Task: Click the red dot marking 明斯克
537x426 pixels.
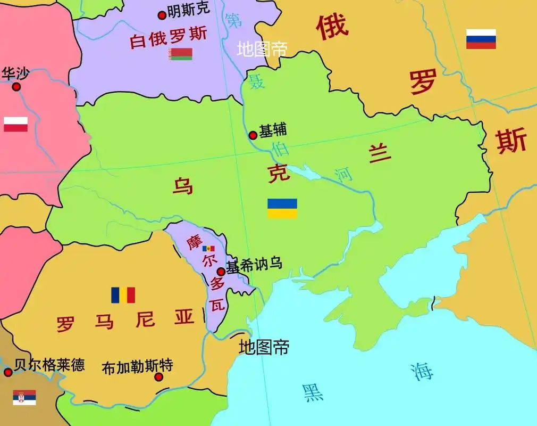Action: pos(162,15)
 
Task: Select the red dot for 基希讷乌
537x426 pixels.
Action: pos(221,272)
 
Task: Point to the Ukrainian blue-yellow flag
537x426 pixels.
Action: pos(282,208)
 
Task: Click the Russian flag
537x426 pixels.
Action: pos(481,39)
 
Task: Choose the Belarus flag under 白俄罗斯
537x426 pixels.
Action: pos(181,54)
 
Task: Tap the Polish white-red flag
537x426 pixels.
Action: pos(15,124)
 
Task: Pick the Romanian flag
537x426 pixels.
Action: pos(123,295)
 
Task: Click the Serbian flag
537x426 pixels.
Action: pos(24,397)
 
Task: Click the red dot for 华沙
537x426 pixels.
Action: pos(16,87)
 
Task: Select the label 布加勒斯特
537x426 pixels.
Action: pos(137,366)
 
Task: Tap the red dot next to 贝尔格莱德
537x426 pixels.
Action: pos(8,372)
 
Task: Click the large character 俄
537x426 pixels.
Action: pos(333,27)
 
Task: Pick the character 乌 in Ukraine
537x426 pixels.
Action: pos(183,186)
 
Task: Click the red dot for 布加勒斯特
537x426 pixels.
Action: pos(158,377)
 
